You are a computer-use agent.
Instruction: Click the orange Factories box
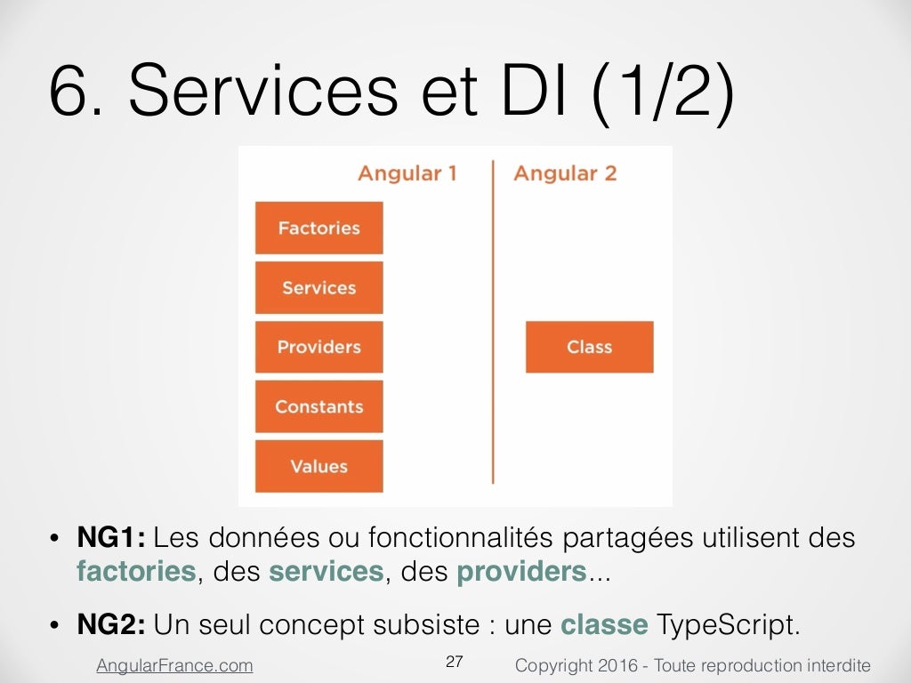coord(318,228)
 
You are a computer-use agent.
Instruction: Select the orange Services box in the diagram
coord(318,287)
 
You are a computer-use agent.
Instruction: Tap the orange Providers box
coord(318,347)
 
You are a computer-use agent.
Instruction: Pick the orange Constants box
coord(318,406)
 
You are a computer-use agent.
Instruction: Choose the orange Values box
coord(318,466)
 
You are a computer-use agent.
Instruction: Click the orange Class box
coord(589,347)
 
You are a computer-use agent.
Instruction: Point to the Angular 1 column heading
coord(407,173)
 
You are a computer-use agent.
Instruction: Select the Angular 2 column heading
coord(564,173)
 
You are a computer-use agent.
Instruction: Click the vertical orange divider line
coord(493,320)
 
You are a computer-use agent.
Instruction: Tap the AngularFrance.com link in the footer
coord(174,665)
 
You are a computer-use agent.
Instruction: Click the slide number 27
coord(455,662)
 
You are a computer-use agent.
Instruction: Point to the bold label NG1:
coord(111,538)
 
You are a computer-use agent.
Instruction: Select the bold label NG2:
coord(111,624)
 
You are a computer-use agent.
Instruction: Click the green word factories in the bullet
coord(136,571)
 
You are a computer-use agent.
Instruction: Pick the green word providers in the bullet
coord(521,571)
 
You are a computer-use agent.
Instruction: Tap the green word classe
coord(604,624)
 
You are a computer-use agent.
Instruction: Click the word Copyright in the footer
coord(551,665)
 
